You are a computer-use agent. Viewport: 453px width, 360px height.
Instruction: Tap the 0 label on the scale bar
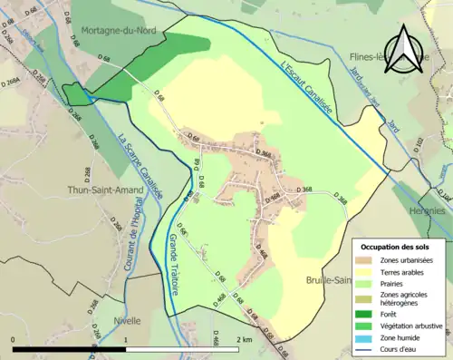(x=14, y=339)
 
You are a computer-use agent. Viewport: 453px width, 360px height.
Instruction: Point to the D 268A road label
(x=11, y=83)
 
